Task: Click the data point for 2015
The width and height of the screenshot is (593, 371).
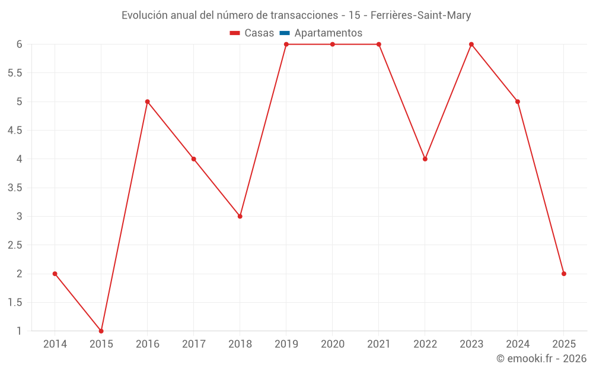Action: (x=101, y=331)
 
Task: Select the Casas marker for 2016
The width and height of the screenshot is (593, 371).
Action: (x=148, y=102)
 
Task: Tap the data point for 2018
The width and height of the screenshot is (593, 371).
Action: (x=240, y=216)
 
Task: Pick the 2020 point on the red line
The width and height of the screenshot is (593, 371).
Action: (x=333, y=45)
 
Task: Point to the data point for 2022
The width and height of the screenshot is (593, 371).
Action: (x=425, y=158)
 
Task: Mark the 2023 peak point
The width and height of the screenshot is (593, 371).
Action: (x=471, y=45)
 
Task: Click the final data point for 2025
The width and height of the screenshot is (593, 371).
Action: (x=564, y=274)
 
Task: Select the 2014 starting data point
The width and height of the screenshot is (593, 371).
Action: (x=55, y=274)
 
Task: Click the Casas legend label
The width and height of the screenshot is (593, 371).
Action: (x=259, y=33)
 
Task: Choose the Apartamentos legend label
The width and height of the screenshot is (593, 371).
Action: (x=328, y=33)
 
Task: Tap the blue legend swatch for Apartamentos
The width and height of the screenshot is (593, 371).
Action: (x=284, y=33)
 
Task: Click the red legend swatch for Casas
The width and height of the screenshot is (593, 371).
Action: (x=235, y=33)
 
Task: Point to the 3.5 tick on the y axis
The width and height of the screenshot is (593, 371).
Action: (x=15, y=188)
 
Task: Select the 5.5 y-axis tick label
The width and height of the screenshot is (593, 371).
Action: (x=15, y=73)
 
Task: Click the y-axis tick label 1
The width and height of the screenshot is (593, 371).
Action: (x=19, y=331)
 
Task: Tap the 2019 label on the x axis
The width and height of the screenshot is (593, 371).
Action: (x=286, y=344)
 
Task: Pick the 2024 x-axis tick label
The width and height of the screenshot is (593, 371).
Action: (x=518, y=344)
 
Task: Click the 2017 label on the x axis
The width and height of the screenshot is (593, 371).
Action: (x=194, y=344)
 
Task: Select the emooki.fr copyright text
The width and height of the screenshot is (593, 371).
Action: (x=541, y=359)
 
